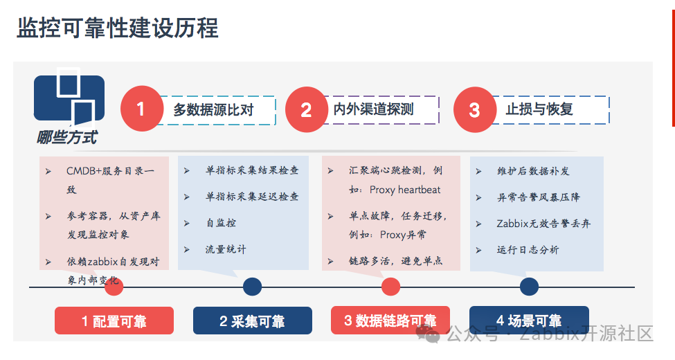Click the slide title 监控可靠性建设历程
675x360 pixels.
117,28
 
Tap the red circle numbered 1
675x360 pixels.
141,109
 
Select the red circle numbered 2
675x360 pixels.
306,109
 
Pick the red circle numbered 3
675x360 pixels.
474,109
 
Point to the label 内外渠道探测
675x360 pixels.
373,109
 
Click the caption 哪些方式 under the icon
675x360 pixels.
67,138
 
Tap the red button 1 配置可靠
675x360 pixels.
114,321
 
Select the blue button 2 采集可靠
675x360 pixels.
252,321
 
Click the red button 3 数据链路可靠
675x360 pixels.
390,321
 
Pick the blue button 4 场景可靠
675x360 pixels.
529,321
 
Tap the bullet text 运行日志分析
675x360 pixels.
528,250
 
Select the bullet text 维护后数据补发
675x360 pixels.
533,171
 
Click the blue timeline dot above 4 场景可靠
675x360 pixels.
529,287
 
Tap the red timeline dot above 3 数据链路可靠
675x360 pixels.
390,287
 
